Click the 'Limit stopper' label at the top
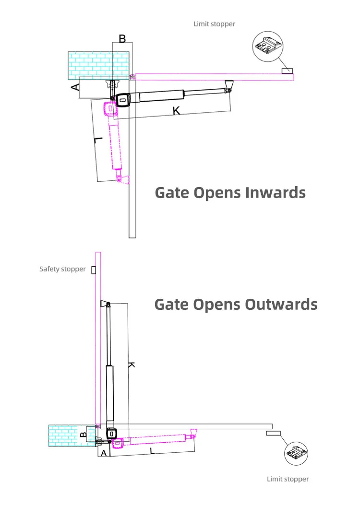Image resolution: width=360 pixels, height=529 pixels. [214, 24]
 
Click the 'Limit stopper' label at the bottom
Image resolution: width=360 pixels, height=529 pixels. [288, 479]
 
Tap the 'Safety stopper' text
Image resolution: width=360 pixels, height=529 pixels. [62, 269]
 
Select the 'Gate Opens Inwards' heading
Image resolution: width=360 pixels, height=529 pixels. [230, 192]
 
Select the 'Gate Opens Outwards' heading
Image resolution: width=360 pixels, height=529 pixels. [236, 304]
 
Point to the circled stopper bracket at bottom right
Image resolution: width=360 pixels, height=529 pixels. [296, 452]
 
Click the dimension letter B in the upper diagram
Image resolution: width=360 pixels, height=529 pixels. [122, 38]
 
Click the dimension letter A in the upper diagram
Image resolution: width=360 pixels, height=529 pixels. [74, 87]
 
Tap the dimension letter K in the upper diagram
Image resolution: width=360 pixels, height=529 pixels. [176, 111]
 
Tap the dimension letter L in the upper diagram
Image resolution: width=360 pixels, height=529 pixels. [98, 140]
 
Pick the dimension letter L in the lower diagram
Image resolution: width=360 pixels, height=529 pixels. [152, 452]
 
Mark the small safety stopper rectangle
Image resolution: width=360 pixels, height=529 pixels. [94, 270]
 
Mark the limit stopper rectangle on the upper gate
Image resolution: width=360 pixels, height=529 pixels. [287, 71]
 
